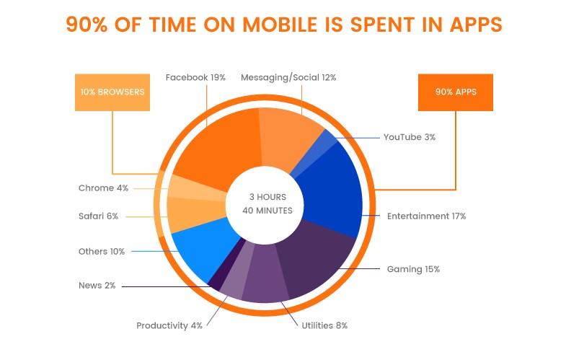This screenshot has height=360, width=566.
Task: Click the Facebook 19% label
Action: tap(195, 77)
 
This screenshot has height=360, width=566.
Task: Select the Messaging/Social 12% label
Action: tap(288, 77)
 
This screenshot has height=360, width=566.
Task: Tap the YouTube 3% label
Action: tap(409, 136)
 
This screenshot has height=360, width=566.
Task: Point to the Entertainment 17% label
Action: tap(426, 216)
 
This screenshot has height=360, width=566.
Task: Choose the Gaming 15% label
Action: tap(413, 269)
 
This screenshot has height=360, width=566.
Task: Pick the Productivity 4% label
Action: tap(169, 325)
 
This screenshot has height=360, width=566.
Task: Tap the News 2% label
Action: tap(97, 286)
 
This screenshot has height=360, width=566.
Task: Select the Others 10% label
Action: tap(102, 252)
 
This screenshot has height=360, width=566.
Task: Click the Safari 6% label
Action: tap(98, 216)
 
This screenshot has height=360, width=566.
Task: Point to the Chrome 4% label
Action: tap(103, 188)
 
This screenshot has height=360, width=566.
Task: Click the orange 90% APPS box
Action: tap(456, 92)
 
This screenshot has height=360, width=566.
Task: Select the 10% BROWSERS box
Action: tap(112, 92)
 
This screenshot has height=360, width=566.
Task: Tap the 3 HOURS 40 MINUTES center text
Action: tap(267, 204)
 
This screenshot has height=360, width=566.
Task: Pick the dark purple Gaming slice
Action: tap(317, 260)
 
